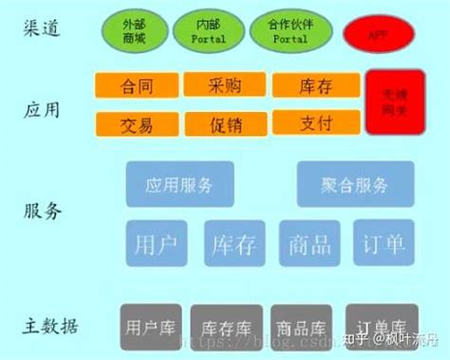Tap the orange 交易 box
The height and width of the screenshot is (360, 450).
pos(137,123)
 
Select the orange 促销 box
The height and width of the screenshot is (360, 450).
pos(225,123)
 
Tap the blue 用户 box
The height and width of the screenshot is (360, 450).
pos(157,243)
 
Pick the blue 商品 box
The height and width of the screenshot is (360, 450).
pos(309,243)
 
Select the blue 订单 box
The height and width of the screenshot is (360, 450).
pos(384,243)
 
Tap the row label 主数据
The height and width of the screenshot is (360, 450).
pos(52,326)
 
